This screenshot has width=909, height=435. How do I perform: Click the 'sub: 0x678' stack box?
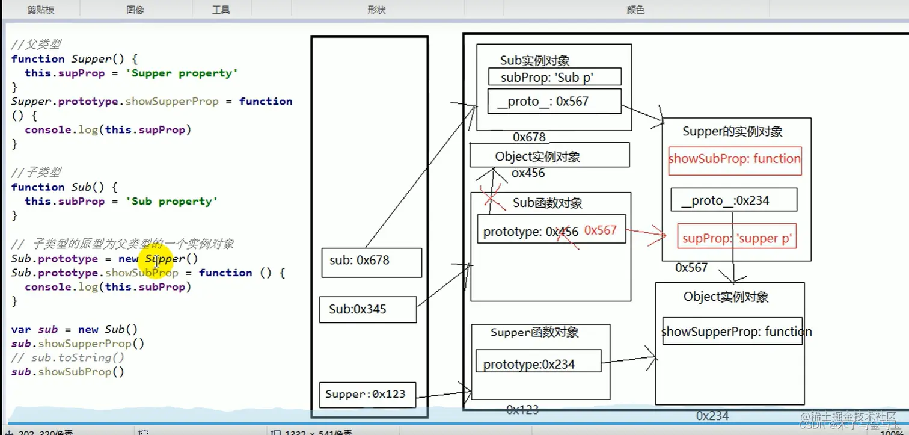371,262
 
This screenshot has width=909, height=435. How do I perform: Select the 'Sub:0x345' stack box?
367,310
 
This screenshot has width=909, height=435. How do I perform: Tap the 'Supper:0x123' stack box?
367,395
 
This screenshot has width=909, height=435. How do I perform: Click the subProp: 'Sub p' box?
552,77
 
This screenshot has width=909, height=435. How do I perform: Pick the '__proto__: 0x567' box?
554,102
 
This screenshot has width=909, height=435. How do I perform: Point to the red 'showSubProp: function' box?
735,160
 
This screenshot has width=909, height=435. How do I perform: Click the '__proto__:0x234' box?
733,200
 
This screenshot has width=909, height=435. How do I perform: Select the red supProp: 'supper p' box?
736,238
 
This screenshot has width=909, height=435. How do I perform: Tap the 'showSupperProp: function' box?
732,332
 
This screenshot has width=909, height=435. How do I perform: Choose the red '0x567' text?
600,230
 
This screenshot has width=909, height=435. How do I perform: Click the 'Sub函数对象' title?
547,203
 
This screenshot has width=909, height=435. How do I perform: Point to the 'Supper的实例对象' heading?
732,132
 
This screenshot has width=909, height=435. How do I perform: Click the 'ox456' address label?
528,174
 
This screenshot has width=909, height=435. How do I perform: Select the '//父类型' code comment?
36,45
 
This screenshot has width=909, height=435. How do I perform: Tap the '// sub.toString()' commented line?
68,358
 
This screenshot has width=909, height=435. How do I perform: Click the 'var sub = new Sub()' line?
75,330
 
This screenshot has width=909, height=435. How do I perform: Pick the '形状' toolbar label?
376,10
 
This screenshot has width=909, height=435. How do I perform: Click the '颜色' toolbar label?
635,10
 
